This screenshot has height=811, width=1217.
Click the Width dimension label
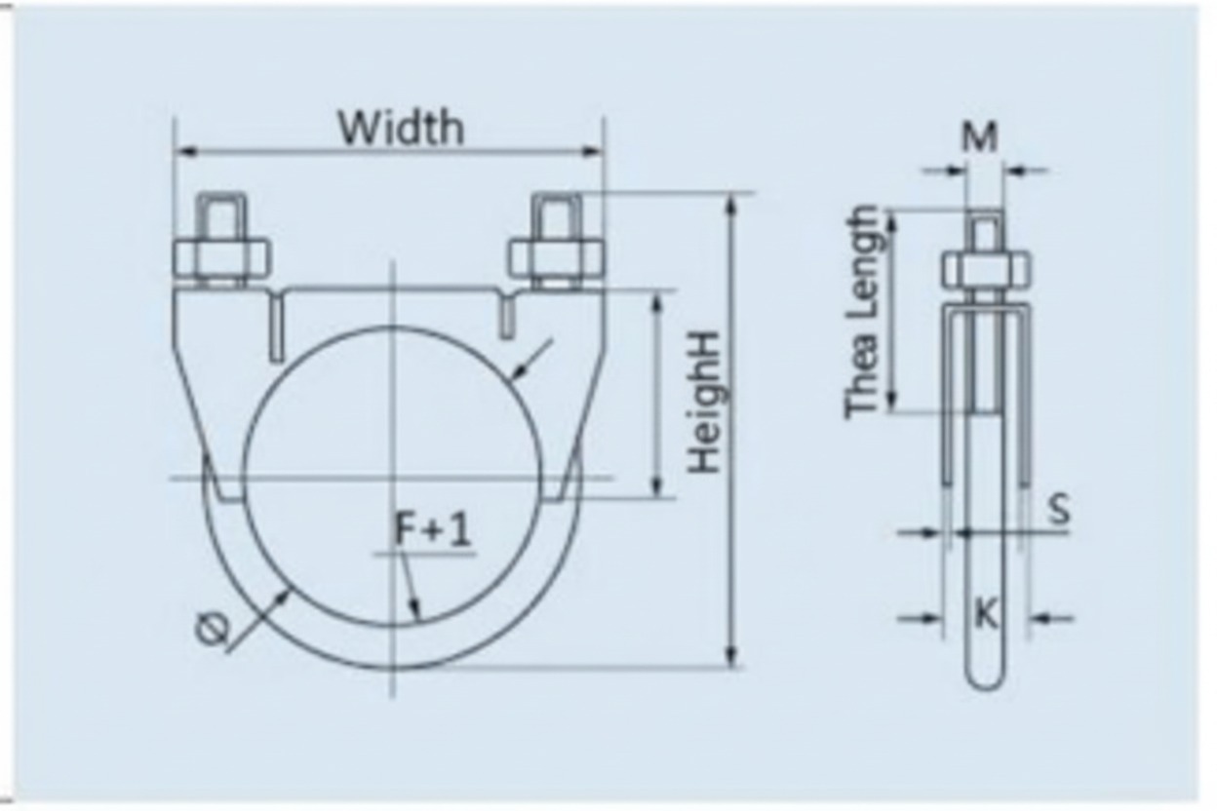pos(400,127)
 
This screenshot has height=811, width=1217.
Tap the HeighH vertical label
pos(705,402)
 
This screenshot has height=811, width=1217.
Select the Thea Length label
pos(863,313)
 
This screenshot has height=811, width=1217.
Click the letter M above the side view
pos(979,137)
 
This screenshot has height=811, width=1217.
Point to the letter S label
pos(1059,509)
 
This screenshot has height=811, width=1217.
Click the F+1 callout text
pos(432,530)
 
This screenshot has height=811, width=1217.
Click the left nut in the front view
pos(222,258)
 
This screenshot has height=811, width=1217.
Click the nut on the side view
pos(986,269)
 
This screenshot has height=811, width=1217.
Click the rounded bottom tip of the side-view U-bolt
pos(986,676)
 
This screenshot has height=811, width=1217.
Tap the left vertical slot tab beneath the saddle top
pos(277,328)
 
